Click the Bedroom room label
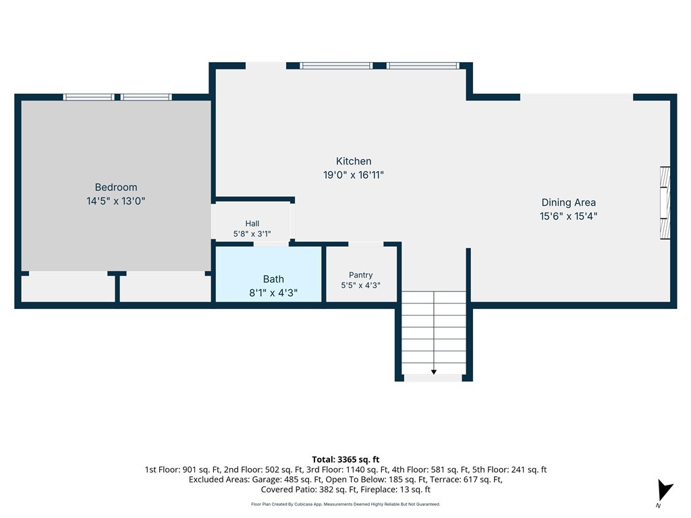click(116, 188)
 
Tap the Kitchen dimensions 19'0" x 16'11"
click(354, 175)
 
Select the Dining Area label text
click(568, 202)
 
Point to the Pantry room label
click(360, 275)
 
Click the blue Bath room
click(269, 274)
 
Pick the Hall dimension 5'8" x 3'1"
click(252, 234)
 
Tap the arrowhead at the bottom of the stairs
click(434, 372)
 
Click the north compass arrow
click(665, 490)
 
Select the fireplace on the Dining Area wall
click(665, 203)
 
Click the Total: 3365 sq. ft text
click(345, 459)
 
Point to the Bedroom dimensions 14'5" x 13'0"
click(116, 201)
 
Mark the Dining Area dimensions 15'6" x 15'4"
click(568, 216)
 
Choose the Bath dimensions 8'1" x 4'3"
click(273, 293)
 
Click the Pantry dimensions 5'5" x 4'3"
click(360, 285)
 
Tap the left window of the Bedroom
click(88, 97)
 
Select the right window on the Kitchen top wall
click(423, 65)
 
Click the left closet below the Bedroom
click(68, 289)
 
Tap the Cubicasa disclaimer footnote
click(345, 505)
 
